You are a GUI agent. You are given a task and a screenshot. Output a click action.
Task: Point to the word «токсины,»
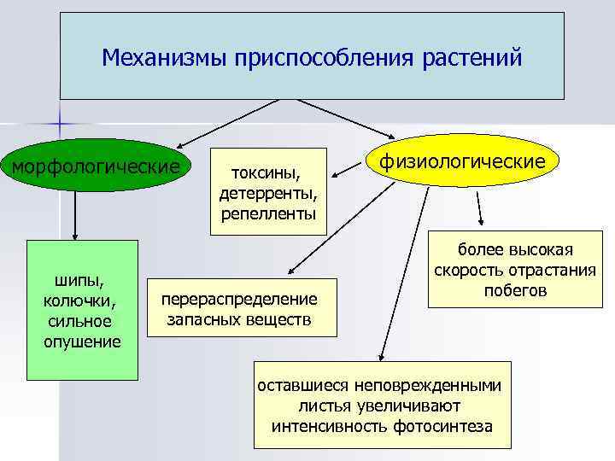[x=269, y=174]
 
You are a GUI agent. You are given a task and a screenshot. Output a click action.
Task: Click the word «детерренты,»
[x=269, y=192]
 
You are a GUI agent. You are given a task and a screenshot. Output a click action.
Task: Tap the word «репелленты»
[x=269, y=211]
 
